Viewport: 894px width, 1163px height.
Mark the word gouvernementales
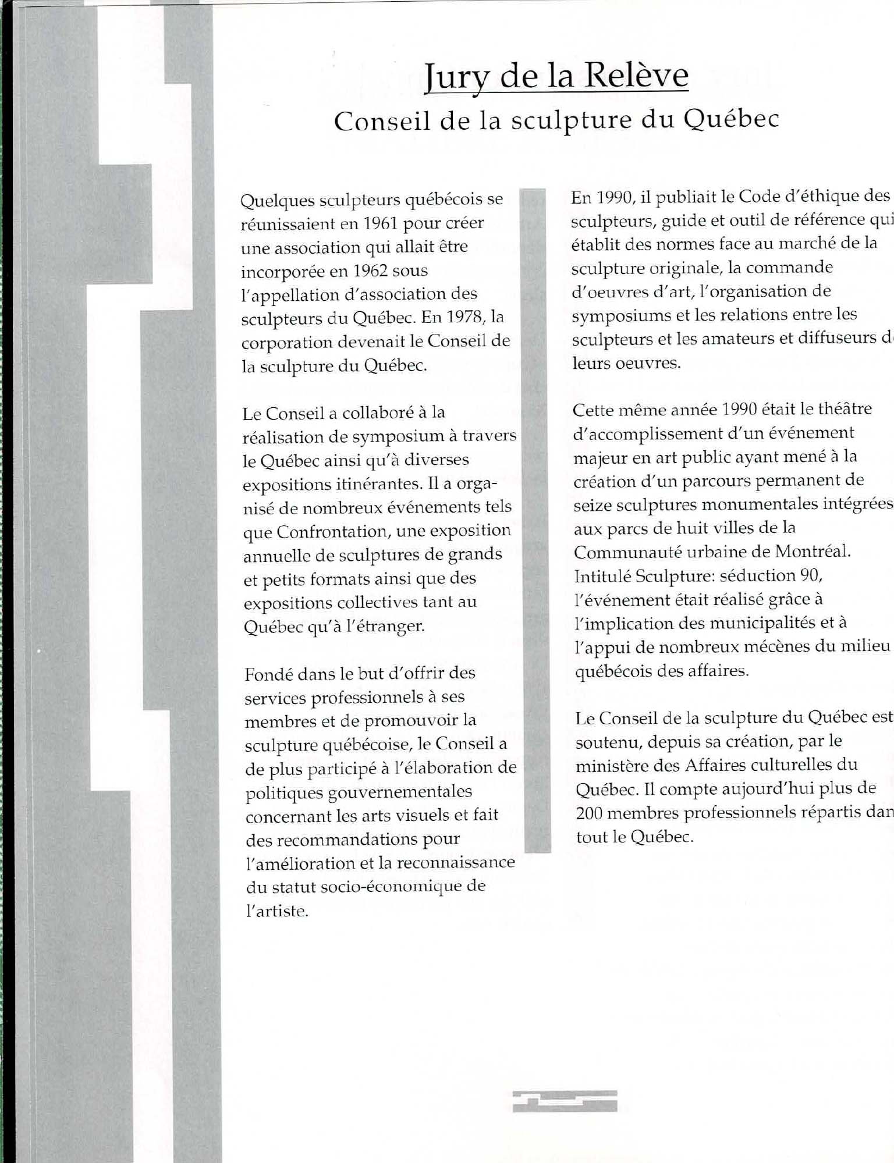click(x=359, y=792)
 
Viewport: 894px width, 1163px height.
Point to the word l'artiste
click(x=276, y=911)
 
